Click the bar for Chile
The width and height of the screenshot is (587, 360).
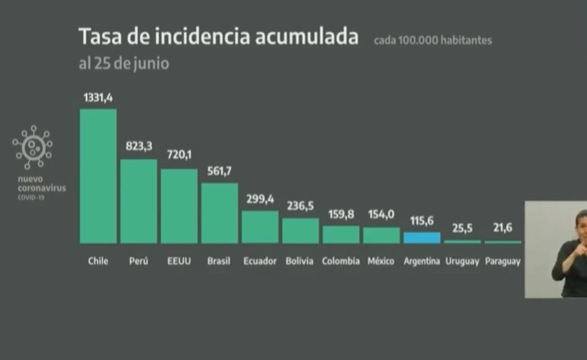point(98,176)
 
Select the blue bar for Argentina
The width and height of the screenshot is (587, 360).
point(422,238)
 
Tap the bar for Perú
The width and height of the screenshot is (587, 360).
point(138,201)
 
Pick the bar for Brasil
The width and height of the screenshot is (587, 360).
point(219,213)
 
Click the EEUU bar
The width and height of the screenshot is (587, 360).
point(179,205)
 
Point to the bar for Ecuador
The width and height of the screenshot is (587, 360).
point(259,227)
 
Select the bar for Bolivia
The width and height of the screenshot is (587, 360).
point(300,231)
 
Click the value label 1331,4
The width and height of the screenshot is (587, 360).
point(98,97)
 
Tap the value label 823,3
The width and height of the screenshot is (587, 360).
point(139,147)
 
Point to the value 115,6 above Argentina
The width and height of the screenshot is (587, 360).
point(422,221)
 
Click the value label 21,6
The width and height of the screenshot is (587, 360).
point(502,229)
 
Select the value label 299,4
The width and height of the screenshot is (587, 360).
point(260,199)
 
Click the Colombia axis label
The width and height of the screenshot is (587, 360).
point(341,261)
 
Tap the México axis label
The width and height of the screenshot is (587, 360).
point(381,261)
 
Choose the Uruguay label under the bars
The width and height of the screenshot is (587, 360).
point(462,261)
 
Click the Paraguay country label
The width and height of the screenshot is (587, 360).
point(502,261)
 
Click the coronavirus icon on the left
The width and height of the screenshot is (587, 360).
point(32,147)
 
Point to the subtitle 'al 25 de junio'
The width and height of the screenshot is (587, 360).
point(123,64)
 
